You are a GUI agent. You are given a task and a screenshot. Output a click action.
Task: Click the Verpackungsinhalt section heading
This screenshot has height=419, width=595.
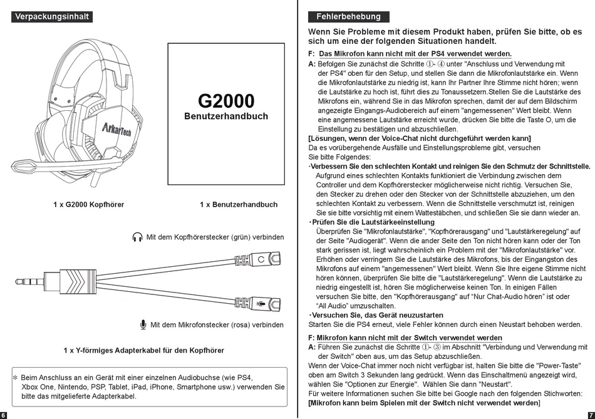[52, 17]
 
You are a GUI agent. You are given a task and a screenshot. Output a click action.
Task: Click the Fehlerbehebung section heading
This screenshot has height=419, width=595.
[348, 17]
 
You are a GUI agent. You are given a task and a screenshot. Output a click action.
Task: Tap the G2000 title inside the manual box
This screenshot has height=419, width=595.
[226, 101]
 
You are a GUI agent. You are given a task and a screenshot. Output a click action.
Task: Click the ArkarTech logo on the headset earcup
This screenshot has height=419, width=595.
[116, 128]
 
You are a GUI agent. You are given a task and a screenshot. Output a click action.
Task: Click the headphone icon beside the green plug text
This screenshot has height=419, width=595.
[137, 237]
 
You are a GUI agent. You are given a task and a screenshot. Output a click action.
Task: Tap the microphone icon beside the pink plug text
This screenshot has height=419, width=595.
[143, 325]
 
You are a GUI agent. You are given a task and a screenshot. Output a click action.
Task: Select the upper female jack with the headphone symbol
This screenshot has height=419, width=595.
[257, 259]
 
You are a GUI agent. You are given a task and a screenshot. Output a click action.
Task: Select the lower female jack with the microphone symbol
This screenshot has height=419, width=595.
[257, 303]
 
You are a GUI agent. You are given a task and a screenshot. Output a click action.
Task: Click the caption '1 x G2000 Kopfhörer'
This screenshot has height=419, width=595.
[89, 205]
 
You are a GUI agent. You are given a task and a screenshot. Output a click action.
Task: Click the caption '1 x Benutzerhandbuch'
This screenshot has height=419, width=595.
[239, 205]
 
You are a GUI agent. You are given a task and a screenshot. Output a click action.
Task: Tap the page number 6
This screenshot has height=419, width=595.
[3, 415]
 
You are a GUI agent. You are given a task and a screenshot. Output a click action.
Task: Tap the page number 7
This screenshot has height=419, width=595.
[591, 415]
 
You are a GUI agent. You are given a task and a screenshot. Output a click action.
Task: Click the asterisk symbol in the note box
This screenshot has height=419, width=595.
[16, 378]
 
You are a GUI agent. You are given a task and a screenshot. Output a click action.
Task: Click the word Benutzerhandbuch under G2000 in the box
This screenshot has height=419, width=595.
[226, 116]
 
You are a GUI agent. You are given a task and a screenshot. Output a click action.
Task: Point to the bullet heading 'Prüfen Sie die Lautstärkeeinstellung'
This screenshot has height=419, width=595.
[373, 222]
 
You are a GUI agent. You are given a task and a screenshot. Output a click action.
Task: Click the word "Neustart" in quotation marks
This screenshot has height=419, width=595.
[495, 384]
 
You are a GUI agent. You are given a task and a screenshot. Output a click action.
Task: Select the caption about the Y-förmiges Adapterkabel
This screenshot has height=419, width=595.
[144, 350]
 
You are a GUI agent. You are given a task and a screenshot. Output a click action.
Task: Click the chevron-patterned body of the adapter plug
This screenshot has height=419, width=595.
[76, 282]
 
